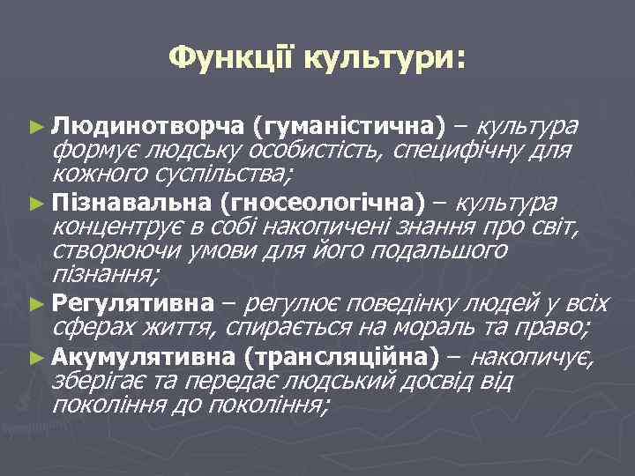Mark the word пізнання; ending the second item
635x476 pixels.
click(x=106, y=274)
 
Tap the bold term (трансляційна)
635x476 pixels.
click(x=339, y=357)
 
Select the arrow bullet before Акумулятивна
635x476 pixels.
click(x=35, y=358)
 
